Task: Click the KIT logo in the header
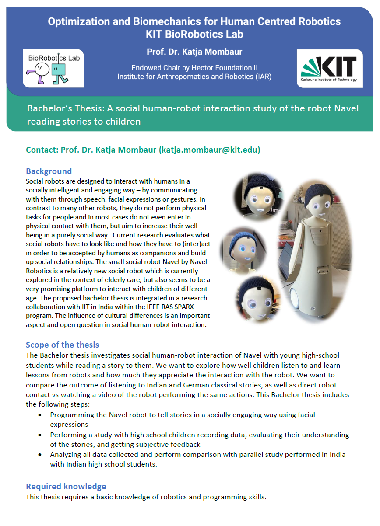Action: click(330, 69)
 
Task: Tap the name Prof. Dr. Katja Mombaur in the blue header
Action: click(194, 52)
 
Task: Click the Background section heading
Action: click(49, 171)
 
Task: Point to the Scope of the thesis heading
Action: click(62, 345)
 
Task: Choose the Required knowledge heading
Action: click(66, 486)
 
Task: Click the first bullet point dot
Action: click(41, 414)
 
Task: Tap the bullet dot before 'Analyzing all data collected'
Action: click(41, 455)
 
